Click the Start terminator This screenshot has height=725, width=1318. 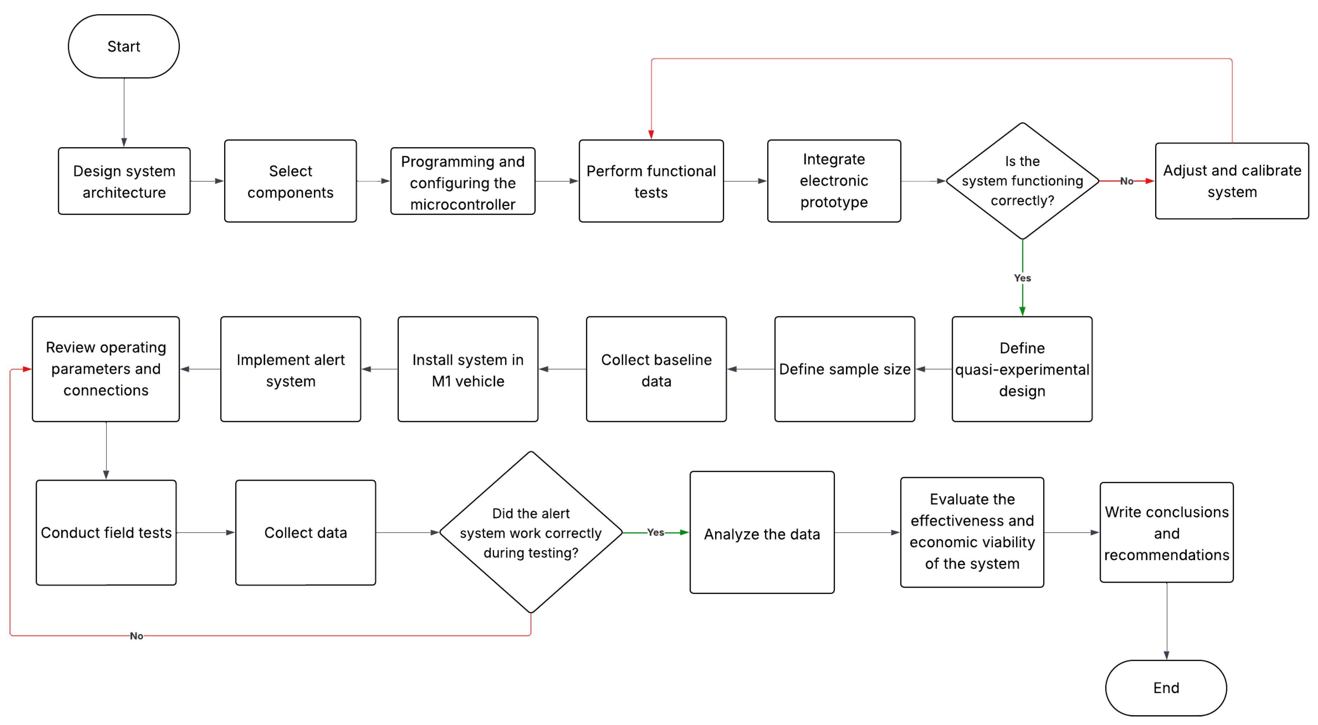[124, 46]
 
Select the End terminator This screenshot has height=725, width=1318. [1166, 688]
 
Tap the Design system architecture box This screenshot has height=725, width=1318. [124, 181]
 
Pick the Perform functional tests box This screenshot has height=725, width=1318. [651, 181]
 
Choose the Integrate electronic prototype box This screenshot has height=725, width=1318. [834, 181]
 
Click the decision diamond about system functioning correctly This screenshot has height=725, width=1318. [1022, 181]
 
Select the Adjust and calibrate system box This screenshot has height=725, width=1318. [1232, 181]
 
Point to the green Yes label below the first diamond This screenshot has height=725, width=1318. [1022, 278]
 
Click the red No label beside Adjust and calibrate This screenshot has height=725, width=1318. [1127, 181]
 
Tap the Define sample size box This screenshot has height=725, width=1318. [845, 369]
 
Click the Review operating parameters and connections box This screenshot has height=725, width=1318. [106, 369]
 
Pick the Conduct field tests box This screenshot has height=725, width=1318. [106, 533]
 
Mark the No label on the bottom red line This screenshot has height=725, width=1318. [136, 636]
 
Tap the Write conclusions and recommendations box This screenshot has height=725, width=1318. [1167, 533]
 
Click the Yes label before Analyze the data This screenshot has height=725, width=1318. [655, 533]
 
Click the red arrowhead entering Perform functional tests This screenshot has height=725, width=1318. [651, 135]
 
